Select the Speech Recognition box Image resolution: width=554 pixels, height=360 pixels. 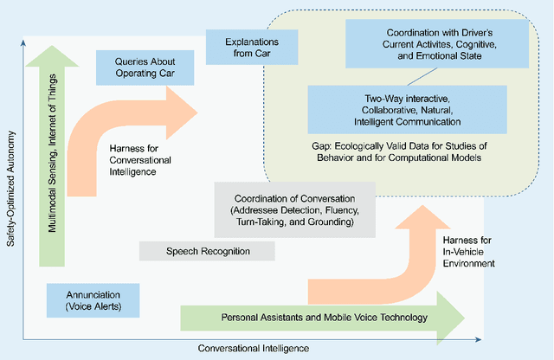pyautogui.click(x=207, y=251)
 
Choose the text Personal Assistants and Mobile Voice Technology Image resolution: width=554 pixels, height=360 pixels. pyautogui.click(x=325, y=318)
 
